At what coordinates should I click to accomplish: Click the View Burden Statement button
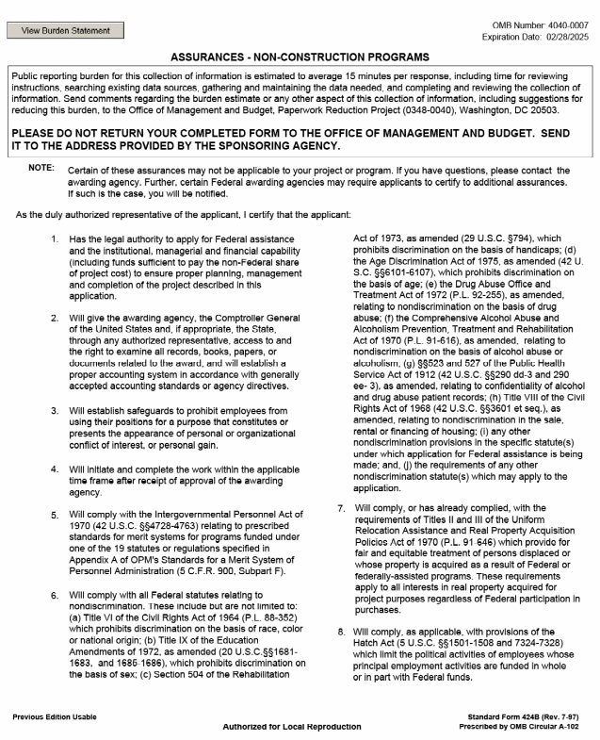[x=65, y=30]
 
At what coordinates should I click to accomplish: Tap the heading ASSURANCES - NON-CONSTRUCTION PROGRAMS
[x=300, y=57]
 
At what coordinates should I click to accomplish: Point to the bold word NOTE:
[x=42, y=167]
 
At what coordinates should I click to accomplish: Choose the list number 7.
[x=341, y=508]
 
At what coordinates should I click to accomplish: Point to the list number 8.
[x=341, y=631]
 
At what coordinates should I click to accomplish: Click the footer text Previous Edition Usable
[x=55, y=717]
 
